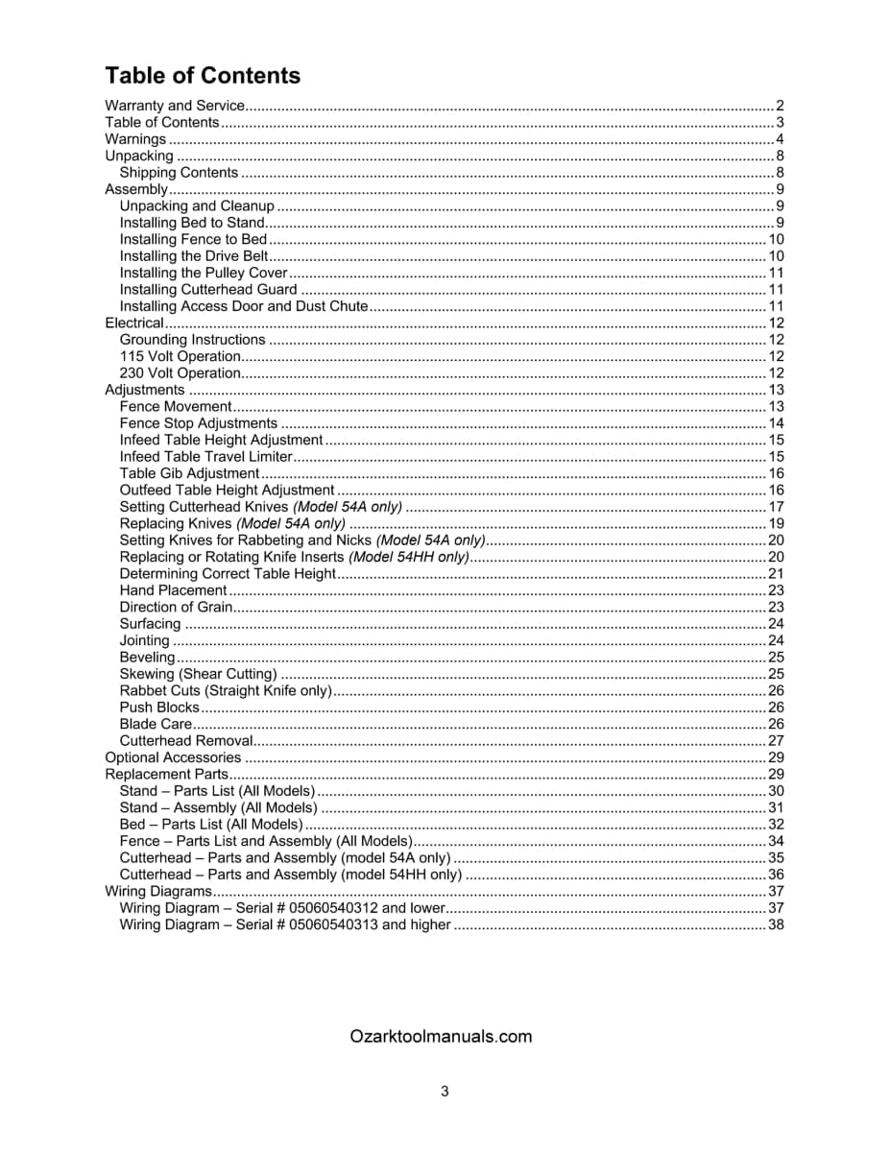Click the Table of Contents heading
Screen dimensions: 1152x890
coord(202,76)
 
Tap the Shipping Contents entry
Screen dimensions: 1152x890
coord(179,173)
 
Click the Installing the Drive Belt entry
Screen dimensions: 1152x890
coord(193,256)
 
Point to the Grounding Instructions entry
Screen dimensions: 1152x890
coord(192,340)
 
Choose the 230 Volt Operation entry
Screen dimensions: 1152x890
coord(180,373)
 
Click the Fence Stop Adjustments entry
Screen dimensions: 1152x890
coord(198,423)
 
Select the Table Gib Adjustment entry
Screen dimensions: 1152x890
coord(189,473)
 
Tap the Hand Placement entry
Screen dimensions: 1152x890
coord(173,590)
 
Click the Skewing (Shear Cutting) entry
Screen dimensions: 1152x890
coord(198,674)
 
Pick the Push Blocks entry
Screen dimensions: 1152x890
coord(159,708)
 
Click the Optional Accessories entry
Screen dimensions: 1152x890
coord(159,757)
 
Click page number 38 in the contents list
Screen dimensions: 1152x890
coord(777,924)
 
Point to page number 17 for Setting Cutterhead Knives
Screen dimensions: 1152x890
coord(777,507)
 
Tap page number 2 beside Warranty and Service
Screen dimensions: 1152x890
coord(781,106)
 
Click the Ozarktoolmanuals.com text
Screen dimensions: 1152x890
coord(442,1037)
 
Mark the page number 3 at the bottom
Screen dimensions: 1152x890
coord(445,1091)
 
